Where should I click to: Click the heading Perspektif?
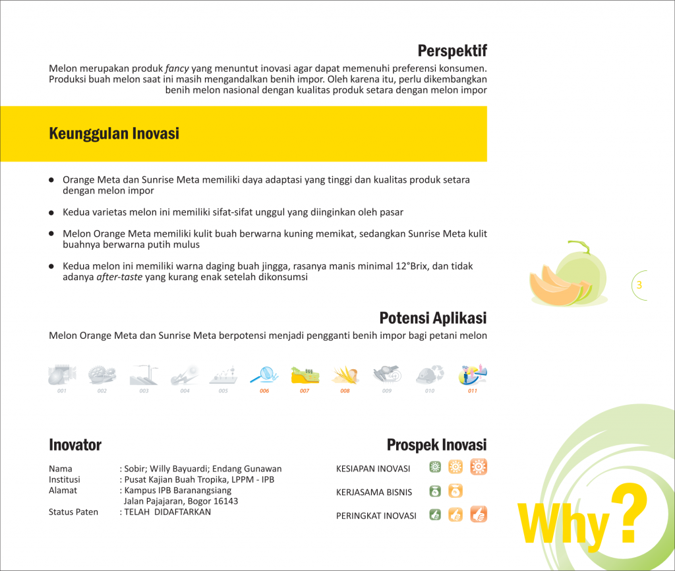[x=452, y=51]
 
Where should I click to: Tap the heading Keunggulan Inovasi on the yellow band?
[x=114, y=134]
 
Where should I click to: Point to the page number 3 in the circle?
[x=639, y=285]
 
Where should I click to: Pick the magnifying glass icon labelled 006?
[x=264, y=375]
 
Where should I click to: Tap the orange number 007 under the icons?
[x=305, y=391]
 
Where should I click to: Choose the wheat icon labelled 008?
[x=345, y=375]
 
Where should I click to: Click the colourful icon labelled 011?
[x=473, y=375]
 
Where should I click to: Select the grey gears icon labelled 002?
[x=102, y=375]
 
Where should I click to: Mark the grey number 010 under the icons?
[x=430, y=391]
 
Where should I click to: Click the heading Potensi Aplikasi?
[x=433, y=318]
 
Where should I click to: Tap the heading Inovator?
[x=75, y=445]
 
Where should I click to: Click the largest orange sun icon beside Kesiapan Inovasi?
[x=479, y=467]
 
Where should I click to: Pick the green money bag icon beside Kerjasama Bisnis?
[x=435, y=491]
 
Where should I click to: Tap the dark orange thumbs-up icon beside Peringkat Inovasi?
[x=479, y=514]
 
